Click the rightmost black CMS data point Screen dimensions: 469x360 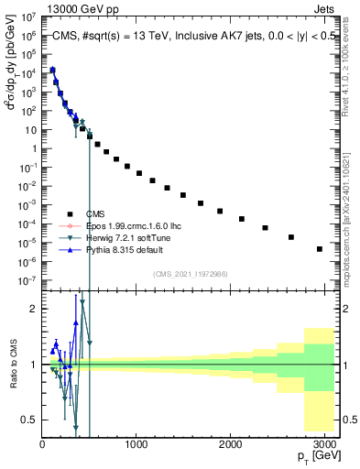tap(320, 248)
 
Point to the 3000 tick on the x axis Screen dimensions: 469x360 tap(325, 443)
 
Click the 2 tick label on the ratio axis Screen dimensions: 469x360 tap(34, 309)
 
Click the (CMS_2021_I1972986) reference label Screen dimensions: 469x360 tap(190, 274)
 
